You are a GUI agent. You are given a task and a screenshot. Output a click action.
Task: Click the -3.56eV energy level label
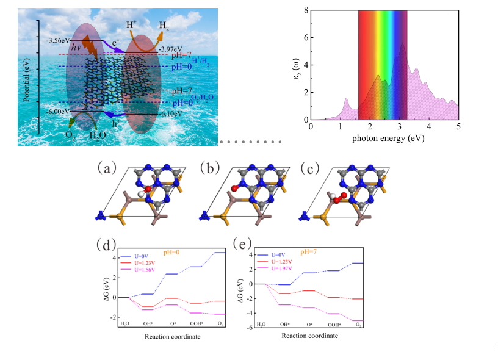tap(57, 41)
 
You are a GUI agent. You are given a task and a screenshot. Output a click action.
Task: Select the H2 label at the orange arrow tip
tap(164, 26)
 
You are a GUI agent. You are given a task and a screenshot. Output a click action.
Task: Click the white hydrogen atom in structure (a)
tap(140, 194)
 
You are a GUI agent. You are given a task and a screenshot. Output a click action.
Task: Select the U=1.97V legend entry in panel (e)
tap(280, 268)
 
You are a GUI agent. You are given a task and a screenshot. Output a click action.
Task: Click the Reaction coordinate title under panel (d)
tap(173, 336)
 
